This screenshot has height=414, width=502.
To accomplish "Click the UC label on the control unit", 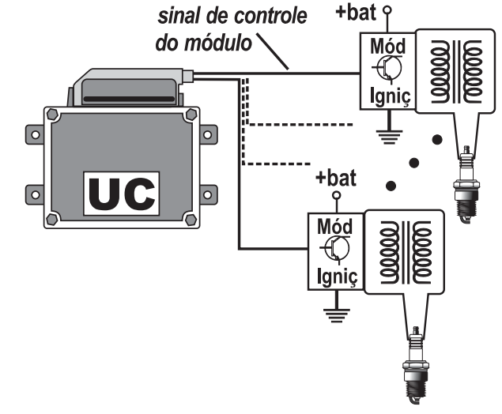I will (x=123, y=194).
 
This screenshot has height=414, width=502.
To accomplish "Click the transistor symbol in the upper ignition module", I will (x=383, y=70).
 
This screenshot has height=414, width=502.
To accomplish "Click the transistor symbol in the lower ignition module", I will (x=337, y=247).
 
